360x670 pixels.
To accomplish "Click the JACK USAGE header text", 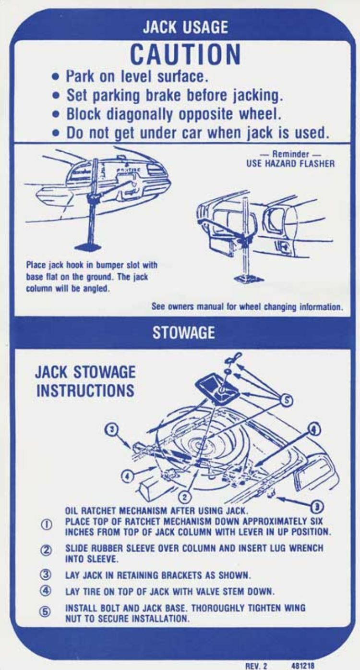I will (185, 27).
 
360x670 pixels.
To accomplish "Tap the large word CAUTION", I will (185, 54).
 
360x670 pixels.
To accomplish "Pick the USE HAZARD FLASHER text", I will (290, 163).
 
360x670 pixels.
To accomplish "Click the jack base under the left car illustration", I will (88, 247).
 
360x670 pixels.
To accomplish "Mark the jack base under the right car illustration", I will (248, 279).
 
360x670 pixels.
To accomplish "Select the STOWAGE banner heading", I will (183, 333).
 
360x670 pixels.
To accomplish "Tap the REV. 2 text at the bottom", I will (256, 665).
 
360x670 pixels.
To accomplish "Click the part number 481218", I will (303, 665).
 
